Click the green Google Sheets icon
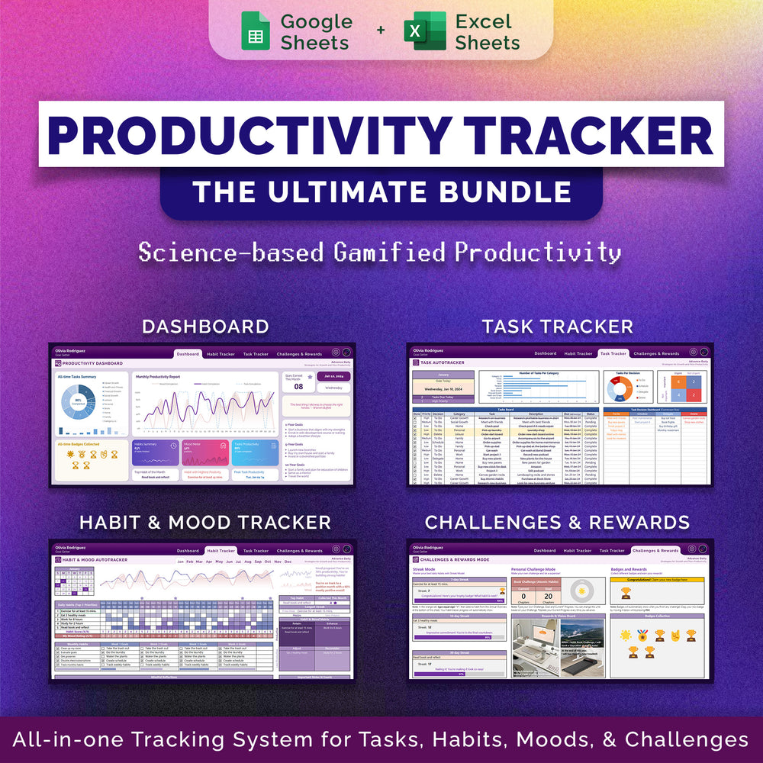[x=256, y=31]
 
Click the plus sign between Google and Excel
[x=380, y=31]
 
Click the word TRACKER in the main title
[x=581, y=136]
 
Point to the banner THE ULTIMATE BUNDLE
[x=381, y=191]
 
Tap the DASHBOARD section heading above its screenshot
[x=205, y=327]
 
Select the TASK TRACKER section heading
[x=557, y=327]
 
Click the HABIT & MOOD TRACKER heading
[x=205, y=522]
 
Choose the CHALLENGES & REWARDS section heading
[x=557, y=522]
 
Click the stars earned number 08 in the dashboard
[x=299, y=387]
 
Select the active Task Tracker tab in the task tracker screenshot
[x=613, y=353]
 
